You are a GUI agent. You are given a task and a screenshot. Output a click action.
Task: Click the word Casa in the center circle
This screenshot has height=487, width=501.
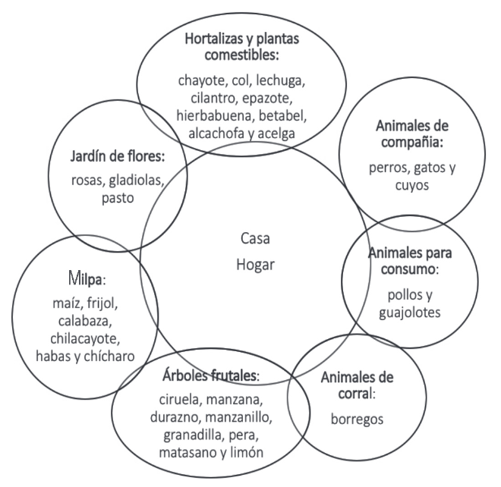tap(255, 238)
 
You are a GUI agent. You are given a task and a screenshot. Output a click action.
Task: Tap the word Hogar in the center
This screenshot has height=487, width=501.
tap(255, 265)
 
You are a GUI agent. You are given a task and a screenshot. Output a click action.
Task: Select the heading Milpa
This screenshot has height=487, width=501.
tap(86, 278)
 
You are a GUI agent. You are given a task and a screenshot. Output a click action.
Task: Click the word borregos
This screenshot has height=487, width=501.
tap(357, 419)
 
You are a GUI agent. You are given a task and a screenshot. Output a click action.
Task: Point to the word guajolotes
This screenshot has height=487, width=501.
tap(410, 313)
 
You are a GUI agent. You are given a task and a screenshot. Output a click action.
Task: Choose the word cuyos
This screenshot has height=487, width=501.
tap(412, 186)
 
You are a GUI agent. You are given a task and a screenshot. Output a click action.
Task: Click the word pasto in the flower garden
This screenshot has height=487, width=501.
tap(118, 198)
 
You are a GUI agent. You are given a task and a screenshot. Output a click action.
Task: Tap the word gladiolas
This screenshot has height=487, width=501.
tap(135, 181)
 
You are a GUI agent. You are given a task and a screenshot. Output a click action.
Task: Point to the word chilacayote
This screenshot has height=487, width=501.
tap(85, 338)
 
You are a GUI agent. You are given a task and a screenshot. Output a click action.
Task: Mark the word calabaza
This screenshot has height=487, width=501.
tap(85, 321)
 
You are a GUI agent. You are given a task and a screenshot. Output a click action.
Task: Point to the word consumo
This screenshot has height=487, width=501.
tap(408, 269)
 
